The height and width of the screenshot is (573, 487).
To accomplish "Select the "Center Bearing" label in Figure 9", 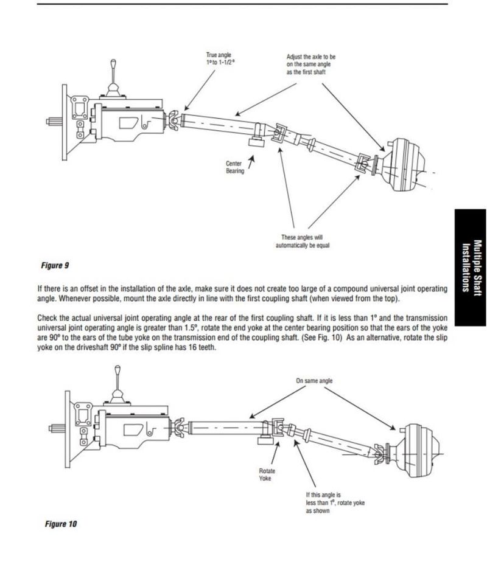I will click(234, 167).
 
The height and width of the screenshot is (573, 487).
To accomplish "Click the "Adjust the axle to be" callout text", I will click(310, 57).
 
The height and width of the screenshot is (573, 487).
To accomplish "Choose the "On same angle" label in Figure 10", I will click(314, 381).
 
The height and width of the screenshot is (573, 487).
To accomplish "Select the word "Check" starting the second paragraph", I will click(48, 318).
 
